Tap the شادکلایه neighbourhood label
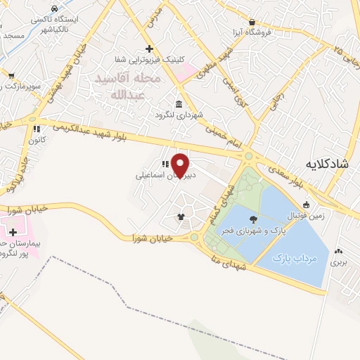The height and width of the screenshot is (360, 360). (x=329, y=164)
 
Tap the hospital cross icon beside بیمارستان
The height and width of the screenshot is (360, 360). (x=12, y=231)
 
